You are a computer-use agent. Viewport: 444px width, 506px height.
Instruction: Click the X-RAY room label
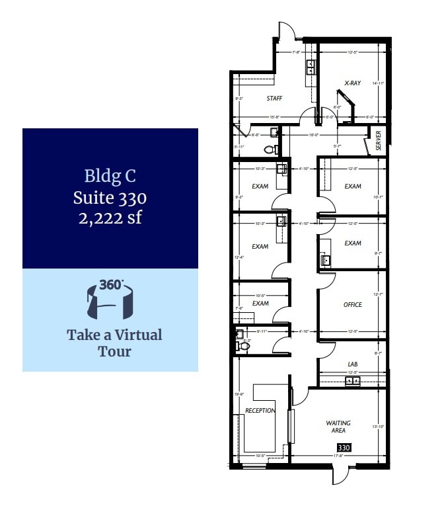pyautogui.click(x=352, y=83)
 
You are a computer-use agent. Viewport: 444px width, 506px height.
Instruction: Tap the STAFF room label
pyautogui.click(x=274, y=99)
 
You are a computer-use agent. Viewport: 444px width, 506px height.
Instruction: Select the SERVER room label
pyautogui.click(x=379, y=141)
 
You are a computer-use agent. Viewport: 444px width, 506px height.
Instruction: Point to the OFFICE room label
pyautogui.click(x=353, y=305)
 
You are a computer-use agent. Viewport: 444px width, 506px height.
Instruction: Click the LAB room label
pyautogui.click(x=353, y=364)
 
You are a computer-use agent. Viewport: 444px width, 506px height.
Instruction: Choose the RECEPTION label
pyautogui.click(x=260, y=411)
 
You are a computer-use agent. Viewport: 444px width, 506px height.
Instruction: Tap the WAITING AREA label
pyautogui.click(x=338, y=427)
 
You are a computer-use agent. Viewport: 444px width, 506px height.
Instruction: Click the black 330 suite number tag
pyautogui.click(x=344, y=448)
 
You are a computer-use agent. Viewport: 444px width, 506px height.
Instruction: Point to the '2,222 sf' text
pyautogui.click(x=110, y=218)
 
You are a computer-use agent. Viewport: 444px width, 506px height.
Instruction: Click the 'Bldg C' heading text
pyautogui.click(x=110, y=176)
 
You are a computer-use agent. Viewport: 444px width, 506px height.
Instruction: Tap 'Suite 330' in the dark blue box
pyautogui.click(x=110, y=197)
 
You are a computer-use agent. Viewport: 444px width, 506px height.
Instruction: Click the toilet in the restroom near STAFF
pyautogui.click(x=270, y=149)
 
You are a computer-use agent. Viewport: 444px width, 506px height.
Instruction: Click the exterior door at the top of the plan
pyautogui.click(x=286, y=30)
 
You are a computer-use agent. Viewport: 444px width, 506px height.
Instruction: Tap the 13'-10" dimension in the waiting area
pyautogui.click(x=379, y=427)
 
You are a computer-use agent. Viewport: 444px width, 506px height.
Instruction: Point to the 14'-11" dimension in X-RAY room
pyautogui.click(x=378, y=83)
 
